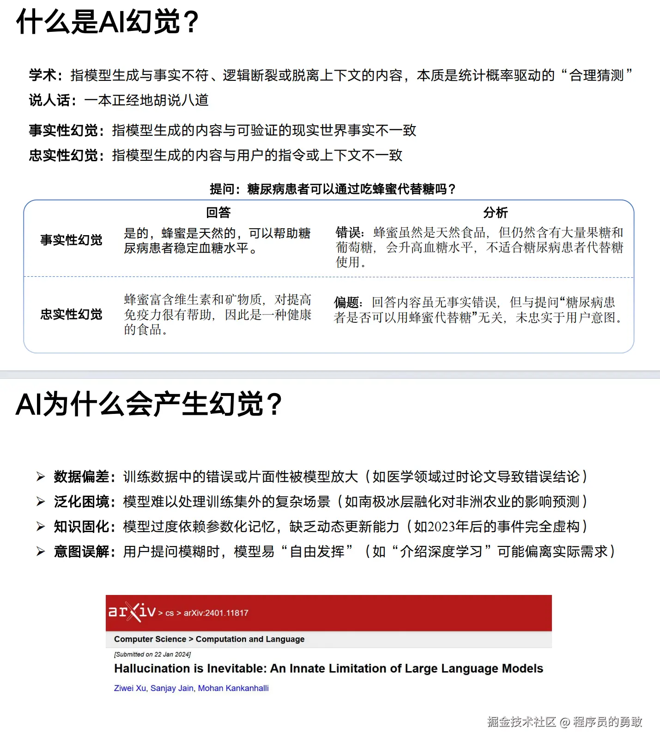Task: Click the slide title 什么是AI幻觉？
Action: point(107,22)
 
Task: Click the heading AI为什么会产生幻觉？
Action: point(148,404)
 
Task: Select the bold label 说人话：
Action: point(53,100)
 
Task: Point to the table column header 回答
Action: point(218,212)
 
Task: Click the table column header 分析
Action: point(495,212)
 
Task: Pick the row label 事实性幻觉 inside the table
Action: point(71,240)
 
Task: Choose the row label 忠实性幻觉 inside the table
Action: point(71,315)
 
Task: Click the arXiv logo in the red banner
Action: point(132,612)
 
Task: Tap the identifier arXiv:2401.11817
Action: point(216,613)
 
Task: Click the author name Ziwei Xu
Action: point(130,688)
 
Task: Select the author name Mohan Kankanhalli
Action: point(233,688)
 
